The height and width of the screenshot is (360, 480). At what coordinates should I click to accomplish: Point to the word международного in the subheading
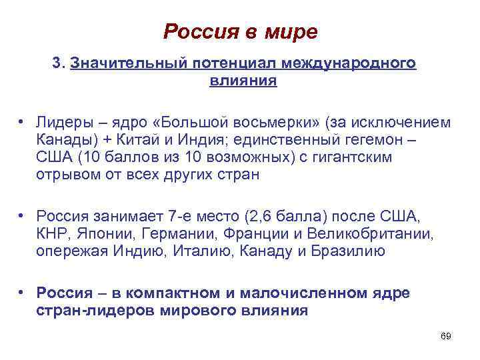[349, 63]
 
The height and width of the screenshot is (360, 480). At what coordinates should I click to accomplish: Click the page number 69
[446, 337]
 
